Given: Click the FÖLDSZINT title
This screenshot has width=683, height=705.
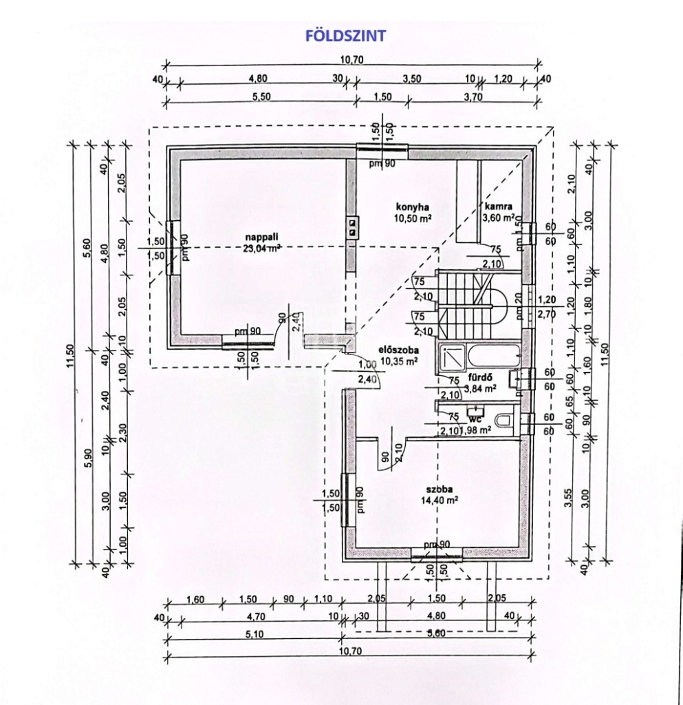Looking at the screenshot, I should [x=346, y=36].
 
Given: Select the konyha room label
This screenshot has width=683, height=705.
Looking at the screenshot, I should [x=413, y=207].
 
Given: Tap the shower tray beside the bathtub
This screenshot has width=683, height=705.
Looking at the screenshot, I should [x=453, y=357].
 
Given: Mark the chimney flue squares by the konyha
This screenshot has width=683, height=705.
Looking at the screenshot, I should [x=352, y=227].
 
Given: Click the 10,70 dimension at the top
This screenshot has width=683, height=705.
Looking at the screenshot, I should [x=351, y=60].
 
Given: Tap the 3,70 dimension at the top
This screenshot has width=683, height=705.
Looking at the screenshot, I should [x=474, y=97].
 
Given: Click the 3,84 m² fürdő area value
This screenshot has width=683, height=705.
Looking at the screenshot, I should [x=480, y=388].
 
